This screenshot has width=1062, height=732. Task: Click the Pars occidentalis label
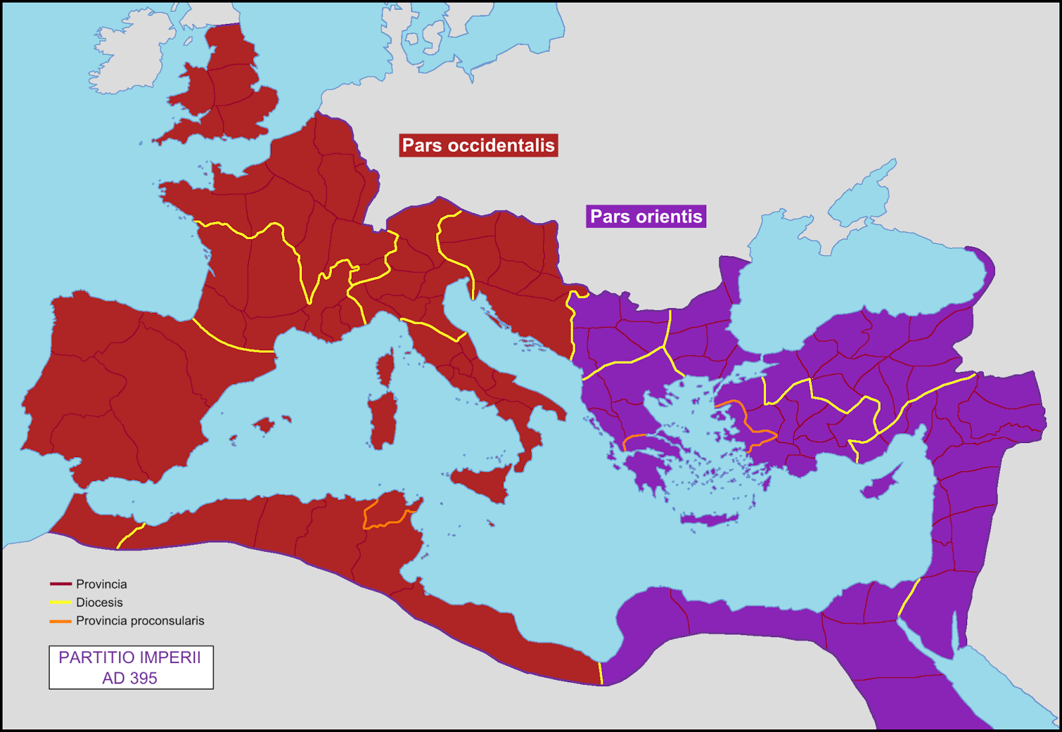click(x=478, y=145)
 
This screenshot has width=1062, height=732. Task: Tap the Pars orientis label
click(x=646, y=217)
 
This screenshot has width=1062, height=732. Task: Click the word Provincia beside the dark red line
click(x=101, y=585)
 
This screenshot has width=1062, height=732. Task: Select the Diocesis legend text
click(x=99, y=602)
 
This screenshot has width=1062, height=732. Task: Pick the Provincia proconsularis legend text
click(x=140, y=621)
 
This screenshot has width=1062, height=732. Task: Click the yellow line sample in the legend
click(x=60, y=602)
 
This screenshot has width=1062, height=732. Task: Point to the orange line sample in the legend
click(x=60, y=621)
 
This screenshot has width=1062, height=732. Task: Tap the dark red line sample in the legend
click(x=60, y=585)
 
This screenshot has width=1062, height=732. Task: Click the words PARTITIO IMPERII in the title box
click(x=129, y=658)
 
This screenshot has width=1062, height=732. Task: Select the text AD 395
click(x=129, y=678)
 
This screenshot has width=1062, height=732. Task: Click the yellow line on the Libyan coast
click(x=601, y=672)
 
